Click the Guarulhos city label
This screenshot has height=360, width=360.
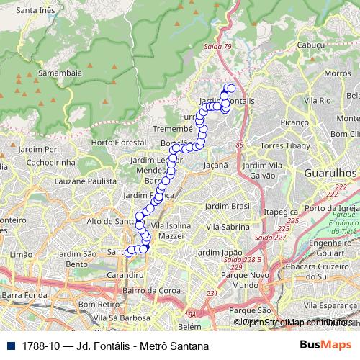[x=330, y=174]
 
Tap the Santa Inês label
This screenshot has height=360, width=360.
[x=37, y=11]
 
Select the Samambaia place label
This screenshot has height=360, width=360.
[x=60, y=73]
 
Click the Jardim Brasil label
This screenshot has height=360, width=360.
[x=228, y=206]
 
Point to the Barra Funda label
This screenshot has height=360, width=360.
[x=22, y=294]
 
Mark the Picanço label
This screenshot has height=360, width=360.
[x=294, y=123]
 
